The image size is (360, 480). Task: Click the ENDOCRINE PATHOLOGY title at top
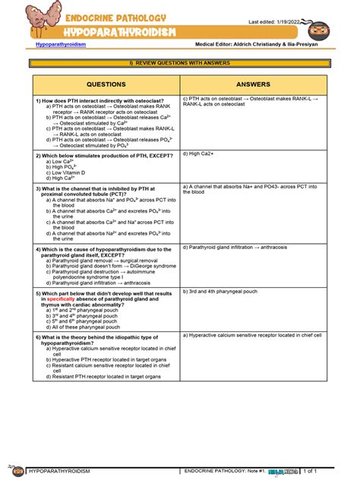115,17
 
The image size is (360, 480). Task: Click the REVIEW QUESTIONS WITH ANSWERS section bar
179,63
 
